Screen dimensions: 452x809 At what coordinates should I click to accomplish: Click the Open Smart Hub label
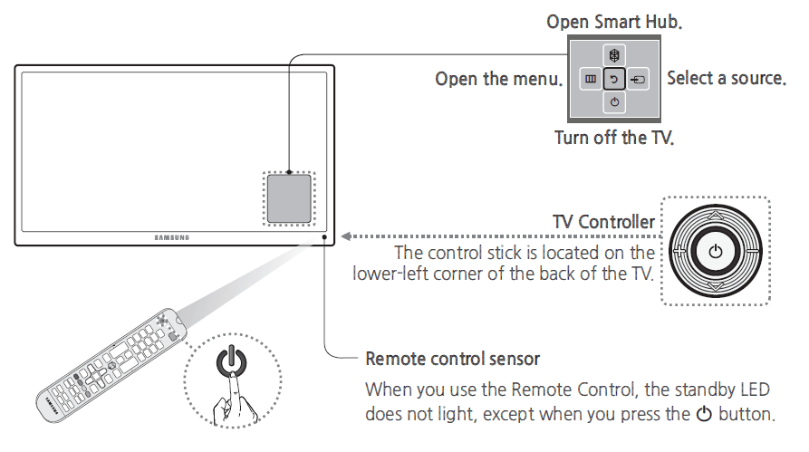(614, 21)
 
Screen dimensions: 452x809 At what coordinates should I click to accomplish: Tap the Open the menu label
(497, 79)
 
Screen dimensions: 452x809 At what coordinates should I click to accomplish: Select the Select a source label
(726, 78)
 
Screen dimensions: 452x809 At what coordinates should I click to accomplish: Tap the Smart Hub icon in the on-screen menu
(615, 57)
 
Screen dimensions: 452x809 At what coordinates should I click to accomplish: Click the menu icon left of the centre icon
(591, 80)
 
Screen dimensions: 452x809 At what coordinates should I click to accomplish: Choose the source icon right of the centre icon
(639, 80)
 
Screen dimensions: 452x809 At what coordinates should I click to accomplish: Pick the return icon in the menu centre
(615, 80)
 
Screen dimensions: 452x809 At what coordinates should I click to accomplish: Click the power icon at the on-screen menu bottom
(615, 102)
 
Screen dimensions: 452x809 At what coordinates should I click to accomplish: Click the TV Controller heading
(603, 222)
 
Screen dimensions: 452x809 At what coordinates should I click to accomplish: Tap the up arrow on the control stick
(716, 216)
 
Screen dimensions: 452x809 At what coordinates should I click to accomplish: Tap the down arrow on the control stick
(716, 286)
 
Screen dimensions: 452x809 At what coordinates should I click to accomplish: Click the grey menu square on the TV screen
(289, 198)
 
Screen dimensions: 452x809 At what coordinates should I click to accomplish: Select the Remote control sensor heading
(452, 359)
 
